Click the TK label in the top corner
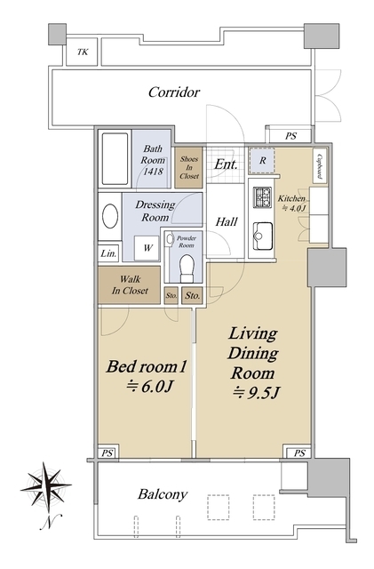[83, 52]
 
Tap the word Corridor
[174, 92]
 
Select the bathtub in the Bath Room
[115, 159]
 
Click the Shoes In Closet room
[188, 167]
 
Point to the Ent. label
[226, 164]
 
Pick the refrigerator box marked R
[262, 160]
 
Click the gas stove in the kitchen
[262, 197]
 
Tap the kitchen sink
[262, 236]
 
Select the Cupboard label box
[320, 166]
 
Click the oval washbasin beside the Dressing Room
[110, 216]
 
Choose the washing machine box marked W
[147, 248]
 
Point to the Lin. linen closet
[108, 253]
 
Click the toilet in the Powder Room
[187, 268]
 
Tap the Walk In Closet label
[130, 284]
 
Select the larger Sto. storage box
[192, 295]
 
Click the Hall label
[227, 221]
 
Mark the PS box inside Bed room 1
[107, 453]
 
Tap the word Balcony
[163, 495]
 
